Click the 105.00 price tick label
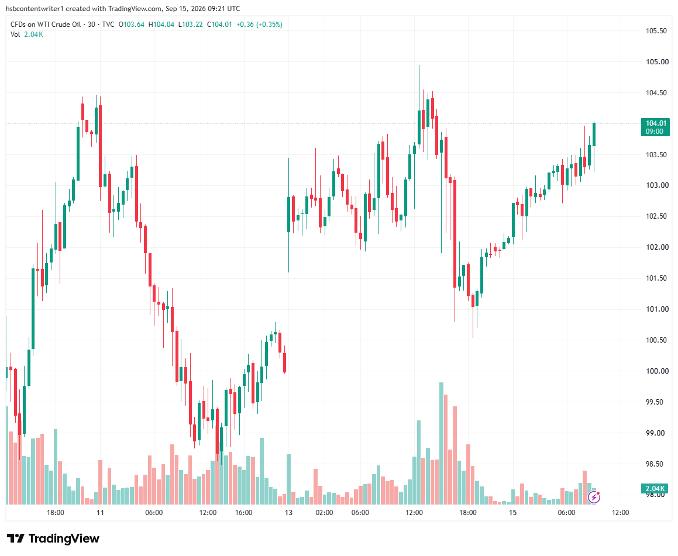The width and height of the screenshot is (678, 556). [x=657, y=62]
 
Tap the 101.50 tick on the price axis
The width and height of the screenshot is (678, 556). [x=657, y=278]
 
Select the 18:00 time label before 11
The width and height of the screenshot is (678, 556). [x=56, y=513]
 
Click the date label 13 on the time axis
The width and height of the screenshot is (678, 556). [x=288, y=513]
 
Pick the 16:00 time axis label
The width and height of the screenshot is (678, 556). [x=244, y=513]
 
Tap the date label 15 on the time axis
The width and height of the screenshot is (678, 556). [x=512, y=513]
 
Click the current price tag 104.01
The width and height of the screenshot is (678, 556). [x=655, y=127]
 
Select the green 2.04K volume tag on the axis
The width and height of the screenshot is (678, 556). [x=655, y=489]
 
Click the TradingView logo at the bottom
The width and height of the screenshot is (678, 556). [x=53, y=538]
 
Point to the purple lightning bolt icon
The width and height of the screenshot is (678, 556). [x=594, y=498]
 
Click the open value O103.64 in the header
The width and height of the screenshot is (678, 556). [x=132, y=25]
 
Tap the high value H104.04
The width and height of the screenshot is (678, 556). [x=161, y=25]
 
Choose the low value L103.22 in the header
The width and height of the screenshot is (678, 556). [x=191, y=25]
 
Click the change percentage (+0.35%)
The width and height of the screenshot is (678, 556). [x=269, y=25]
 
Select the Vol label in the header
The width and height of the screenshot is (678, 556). [x=16, y=34]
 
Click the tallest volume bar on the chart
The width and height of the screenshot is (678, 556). [x=441, y=443]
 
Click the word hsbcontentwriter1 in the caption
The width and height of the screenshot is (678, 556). [x=35, y=9]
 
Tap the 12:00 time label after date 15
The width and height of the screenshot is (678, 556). [x=621, y=513]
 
